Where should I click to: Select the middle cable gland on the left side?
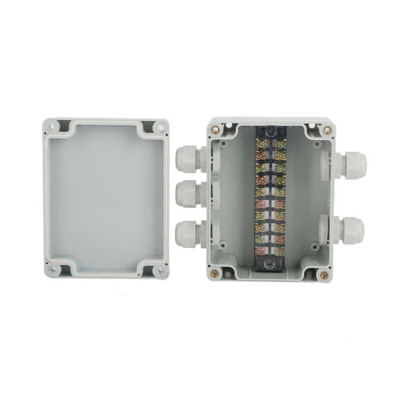187,194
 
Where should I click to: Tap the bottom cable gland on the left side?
187,232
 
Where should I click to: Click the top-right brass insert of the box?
327,131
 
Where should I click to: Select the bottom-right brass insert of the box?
325,275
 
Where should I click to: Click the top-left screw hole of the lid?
52,127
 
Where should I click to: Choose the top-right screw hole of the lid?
160,128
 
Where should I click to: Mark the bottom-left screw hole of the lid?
52,269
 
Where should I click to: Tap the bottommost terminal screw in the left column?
260,251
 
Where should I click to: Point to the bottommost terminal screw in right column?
280,251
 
